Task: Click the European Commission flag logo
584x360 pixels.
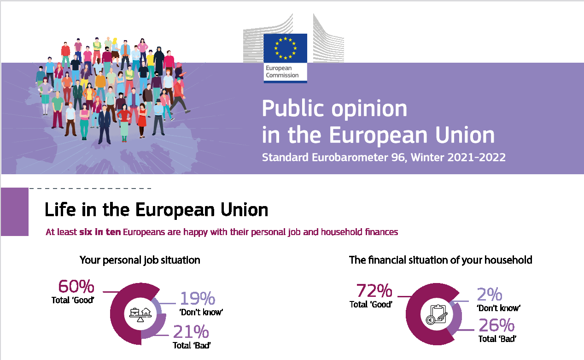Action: click(285, 47)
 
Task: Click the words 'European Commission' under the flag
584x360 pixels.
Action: click(282, 72)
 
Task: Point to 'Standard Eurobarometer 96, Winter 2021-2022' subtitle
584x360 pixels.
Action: click(383, 157)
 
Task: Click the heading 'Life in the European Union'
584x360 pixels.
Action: click(156, 210)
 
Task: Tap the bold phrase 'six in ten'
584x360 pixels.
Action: click(100, 232)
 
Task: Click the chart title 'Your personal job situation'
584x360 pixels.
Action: click(140, 260)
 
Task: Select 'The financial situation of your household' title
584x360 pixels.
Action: click(440, 260)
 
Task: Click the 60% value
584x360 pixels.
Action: click(76, 287)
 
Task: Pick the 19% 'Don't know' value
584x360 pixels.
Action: click(197, 299)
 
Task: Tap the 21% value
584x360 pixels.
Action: click(191, 332)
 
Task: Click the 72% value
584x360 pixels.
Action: click(374, 291)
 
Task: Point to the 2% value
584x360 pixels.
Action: click(489, 295)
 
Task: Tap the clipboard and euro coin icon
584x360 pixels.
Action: click(434, 315)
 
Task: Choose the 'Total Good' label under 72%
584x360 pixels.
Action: click(370, 304)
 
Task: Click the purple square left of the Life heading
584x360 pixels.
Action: click(15, 212)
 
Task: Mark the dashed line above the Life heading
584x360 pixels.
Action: click(90, 189)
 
